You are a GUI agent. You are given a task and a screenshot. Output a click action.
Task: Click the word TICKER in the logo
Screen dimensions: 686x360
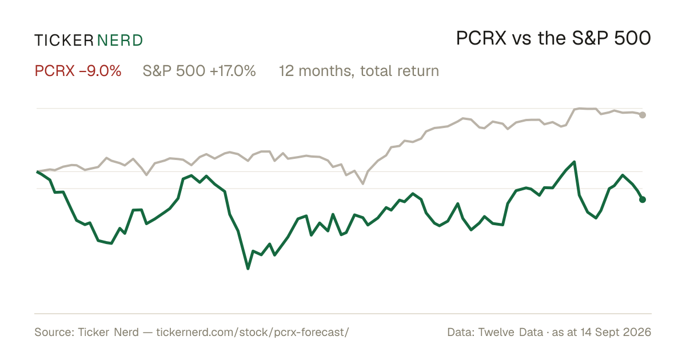[63, 41]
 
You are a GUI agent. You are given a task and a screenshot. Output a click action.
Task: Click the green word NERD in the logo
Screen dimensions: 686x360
[119, 41]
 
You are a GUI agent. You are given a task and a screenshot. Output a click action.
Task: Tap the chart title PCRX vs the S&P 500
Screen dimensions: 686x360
[553, 38]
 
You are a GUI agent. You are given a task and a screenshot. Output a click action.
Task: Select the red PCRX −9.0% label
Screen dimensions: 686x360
[78, 71]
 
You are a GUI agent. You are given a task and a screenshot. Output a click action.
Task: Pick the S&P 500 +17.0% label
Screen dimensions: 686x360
[199, 71]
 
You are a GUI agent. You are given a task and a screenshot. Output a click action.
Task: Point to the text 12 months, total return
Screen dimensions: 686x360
[359, 71]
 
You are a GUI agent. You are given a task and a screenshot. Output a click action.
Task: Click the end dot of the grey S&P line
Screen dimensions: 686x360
[643, 115]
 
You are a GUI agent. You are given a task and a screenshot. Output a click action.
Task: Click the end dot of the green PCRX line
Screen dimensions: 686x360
[643, 199]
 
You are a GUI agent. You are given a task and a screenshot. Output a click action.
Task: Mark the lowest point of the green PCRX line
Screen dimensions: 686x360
[248, 269]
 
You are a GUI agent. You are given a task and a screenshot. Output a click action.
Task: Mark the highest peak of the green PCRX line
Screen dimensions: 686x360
[574, 162]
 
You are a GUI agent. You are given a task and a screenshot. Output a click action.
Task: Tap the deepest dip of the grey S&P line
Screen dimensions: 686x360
[363, 183]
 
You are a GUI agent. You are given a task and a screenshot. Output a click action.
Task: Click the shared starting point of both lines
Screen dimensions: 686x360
[37, 172]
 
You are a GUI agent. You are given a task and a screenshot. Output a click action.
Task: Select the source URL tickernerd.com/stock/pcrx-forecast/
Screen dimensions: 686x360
[253, 333]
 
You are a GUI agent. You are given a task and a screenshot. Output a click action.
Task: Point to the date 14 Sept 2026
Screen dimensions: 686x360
[616, 333]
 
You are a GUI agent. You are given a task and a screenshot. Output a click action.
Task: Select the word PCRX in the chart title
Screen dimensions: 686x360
[481, 38]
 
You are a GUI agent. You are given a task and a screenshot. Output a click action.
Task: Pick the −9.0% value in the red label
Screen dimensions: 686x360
[100, 71]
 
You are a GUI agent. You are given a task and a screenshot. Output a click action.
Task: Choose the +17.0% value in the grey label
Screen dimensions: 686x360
[233, 71]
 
